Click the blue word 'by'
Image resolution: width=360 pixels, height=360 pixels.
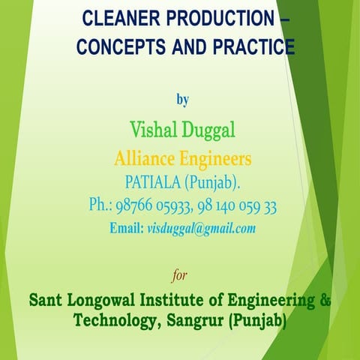point(182,98)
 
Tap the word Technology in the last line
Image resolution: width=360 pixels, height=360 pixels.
point(112,320)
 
